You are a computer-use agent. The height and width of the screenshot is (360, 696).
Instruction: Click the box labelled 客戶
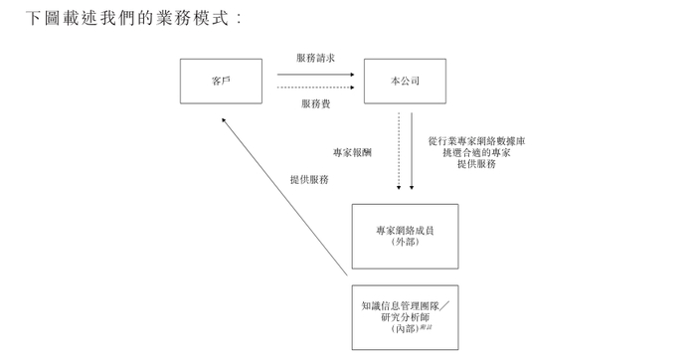[221, 81]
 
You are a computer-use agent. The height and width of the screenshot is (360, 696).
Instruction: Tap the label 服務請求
[315, 58]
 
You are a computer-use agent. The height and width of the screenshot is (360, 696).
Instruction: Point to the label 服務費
[315, 102]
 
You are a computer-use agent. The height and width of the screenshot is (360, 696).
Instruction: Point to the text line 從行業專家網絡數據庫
[476, 141]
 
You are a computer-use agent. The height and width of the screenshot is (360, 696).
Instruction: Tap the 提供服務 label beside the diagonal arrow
[309, 180]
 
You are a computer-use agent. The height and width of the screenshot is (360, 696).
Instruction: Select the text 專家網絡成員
[405, 230]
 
